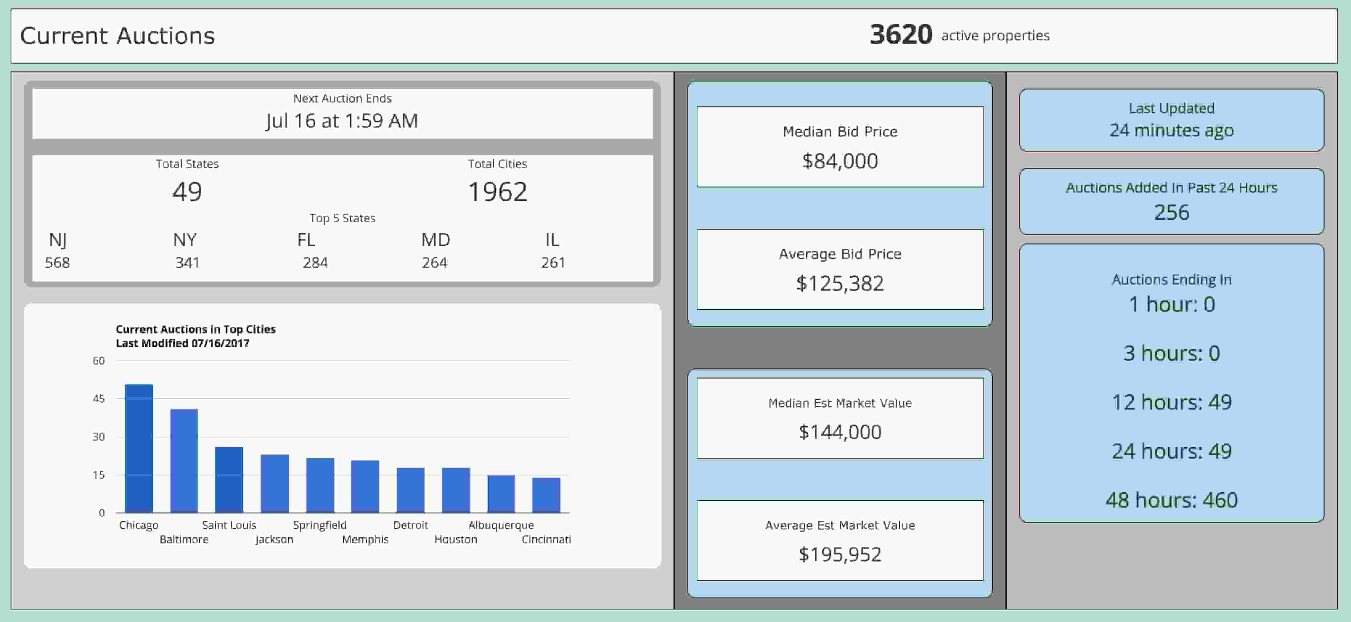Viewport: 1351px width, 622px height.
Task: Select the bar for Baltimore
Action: coord(184,461)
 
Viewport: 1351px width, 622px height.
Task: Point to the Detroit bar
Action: coord(411,490)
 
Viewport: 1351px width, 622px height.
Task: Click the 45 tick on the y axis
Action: coord(99,399)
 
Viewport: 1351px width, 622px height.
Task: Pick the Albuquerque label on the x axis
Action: coord(501,525)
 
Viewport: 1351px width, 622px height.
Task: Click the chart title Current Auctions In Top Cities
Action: coord(196,329)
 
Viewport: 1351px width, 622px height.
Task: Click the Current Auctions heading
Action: coord(118,36)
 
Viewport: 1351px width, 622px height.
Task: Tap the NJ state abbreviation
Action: coord(58,240)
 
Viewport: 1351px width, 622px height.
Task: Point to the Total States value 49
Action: coord(187,192)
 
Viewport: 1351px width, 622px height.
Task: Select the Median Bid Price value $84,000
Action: coord(840,161)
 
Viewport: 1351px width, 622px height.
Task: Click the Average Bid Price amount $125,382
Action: coord(840,284)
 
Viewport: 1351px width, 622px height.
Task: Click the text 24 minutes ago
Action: coord(1172,130)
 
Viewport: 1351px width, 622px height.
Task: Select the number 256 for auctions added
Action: coord(1172,212)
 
